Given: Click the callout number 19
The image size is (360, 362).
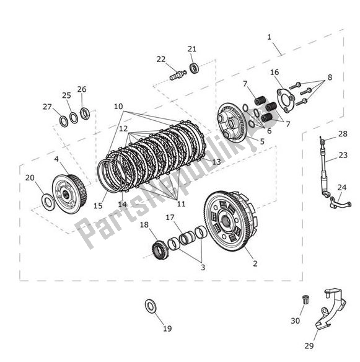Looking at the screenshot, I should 167,329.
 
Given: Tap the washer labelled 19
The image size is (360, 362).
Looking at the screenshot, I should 151,305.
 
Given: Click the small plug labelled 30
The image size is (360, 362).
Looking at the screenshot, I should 305,300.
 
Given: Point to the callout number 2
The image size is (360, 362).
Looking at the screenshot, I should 255,263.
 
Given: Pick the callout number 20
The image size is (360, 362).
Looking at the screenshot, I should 30,178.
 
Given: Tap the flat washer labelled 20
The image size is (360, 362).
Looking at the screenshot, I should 48,200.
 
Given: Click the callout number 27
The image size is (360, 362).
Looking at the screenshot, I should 47,107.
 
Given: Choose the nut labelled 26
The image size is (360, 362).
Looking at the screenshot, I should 85,113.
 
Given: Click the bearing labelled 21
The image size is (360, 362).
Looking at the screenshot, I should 194,67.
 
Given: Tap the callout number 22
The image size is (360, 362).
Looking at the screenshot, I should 161,60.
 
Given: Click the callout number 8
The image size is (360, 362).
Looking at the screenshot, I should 330,78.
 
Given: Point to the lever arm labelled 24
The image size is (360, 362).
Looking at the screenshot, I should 339,202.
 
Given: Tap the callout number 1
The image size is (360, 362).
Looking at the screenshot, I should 270,37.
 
